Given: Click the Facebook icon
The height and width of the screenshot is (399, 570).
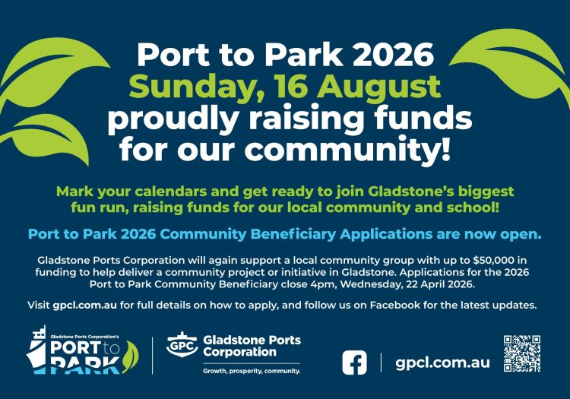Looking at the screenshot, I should (x=353, y=362).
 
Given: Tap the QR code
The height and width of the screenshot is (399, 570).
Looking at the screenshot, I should (x=522, y=354).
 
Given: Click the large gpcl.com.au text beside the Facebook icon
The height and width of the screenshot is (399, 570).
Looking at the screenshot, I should (x=442, y=362).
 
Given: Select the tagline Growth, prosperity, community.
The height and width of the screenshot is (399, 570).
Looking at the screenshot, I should (x=251, y=371).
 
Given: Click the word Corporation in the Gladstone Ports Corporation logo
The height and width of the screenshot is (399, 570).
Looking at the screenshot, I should (x=239, y=352).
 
